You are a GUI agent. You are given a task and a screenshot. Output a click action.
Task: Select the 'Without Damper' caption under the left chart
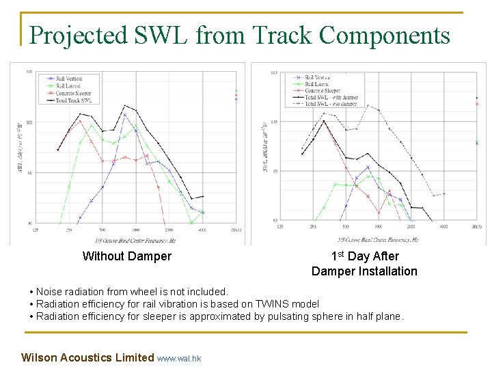click(126, 256)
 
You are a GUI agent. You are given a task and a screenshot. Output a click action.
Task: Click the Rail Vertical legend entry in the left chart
click(68, 79)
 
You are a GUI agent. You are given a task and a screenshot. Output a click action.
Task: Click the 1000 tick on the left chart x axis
click(135, 230)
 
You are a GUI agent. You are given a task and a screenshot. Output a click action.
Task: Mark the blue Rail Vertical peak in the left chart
click(124, 115)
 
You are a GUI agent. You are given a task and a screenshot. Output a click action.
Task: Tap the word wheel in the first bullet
click(152, 292)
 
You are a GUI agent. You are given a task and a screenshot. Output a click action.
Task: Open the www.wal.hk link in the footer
click(179, 358)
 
